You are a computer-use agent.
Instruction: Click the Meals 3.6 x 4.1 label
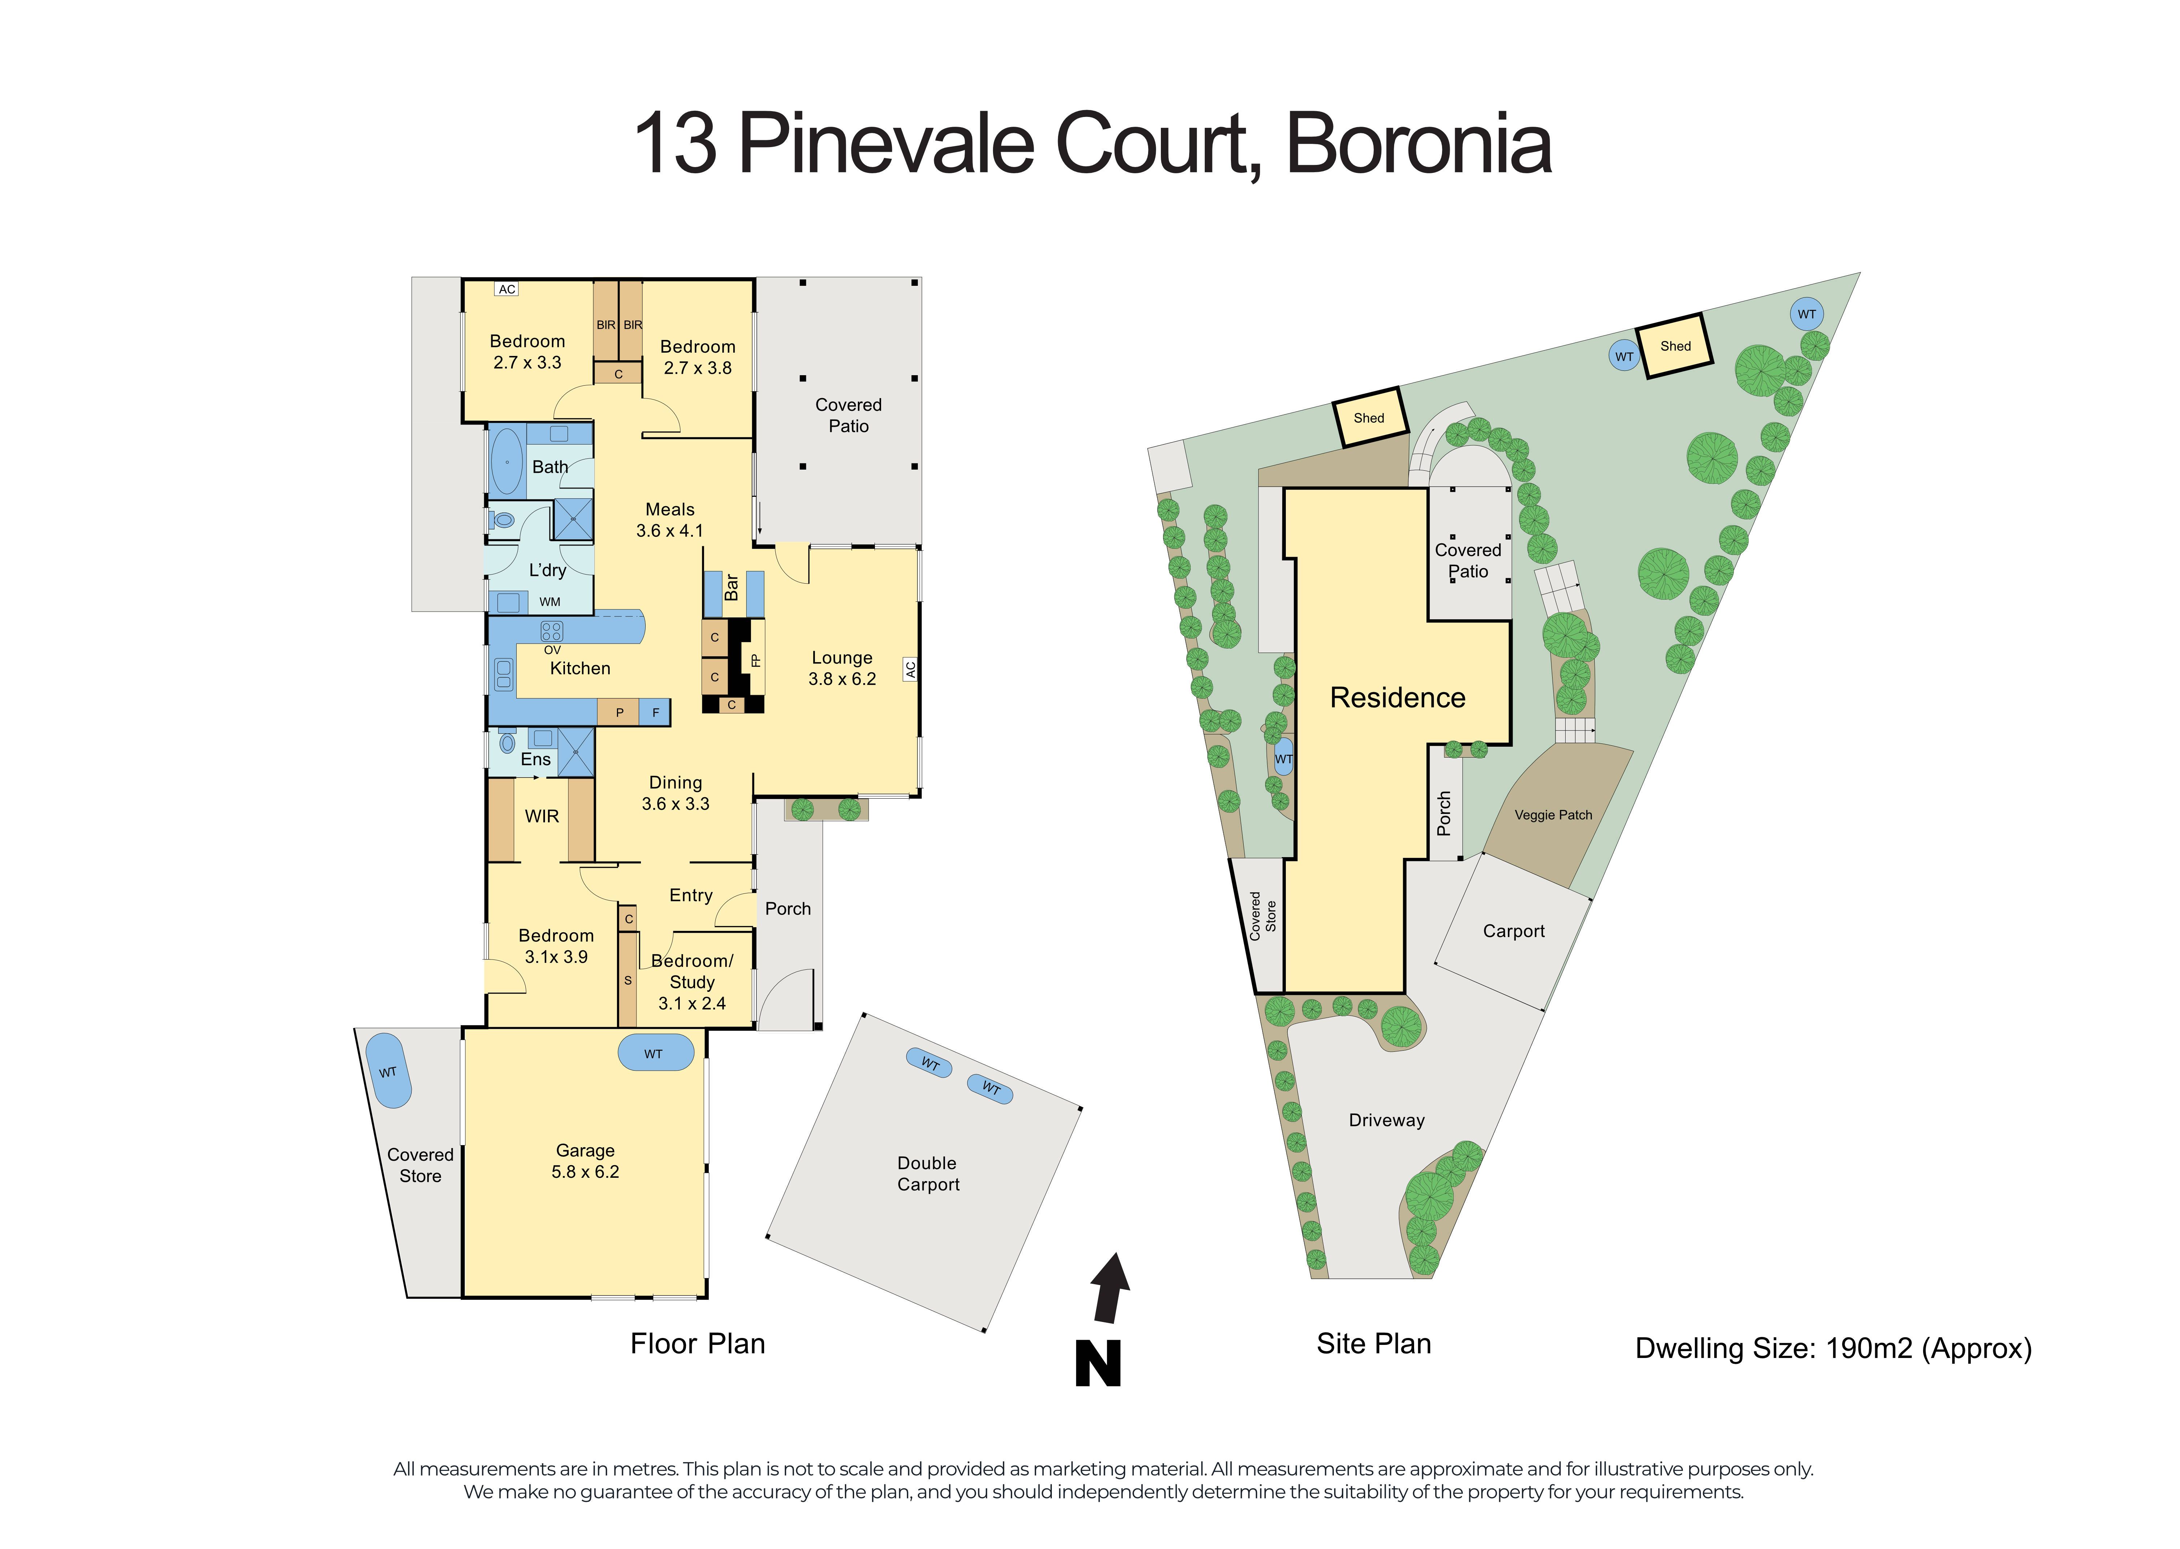point(670,520)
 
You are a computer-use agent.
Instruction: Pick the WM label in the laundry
point(549,602)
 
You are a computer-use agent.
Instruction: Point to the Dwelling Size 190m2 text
point(1833,1349)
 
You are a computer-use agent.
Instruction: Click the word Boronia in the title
point(1419,145)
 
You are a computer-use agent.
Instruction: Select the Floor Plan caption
point(697,1344)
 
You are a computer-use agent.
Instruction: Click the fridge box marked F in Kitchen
point(655,713)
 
